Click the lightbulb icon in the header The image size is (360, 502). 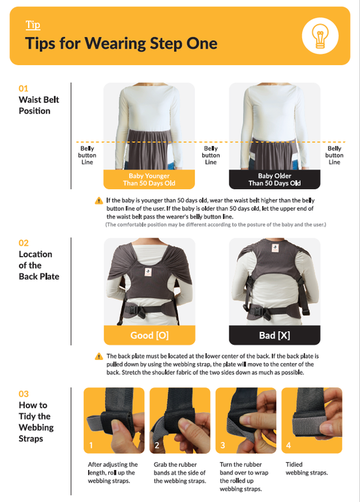click(x=320, y=36)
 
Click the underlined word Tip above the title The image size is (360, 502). click(x=33, y=25)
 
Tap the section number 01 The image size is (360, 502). click(x=23, y=89)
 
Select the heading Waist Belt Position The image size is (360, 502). click(x=38, y=105)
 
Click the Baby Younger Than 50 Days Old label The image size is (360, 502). click(x=149, y=179)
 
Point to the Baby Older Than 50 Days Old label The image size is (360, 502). click(x=275, y=179)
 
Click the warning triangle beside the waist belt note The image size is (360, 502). click(x=99, y=201)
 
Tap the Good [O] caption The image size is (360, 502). click(x=149, y=335)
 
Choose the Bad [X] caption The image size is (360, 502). click(x=275, y=335)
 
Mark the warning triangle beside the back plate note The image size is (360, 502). click(x=99, y=357)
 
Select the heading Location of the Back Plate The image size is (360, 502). click(x=39, y=265)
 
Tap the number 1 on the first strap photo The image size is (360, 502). click(x=91, y=445)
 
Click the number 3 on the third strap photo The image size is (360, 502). click(x=222, y=445)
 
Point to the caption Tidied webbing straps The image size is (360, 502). click(x=307, y=468)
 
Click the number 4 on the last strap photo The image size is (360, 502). click(x=288, y=445)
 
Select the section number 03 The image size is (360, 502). click(x=23, y=394)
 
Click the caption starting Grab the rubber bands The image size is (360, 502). click(x=179, y=473)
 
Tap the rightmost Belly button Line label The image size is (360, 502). click(x=334, y=155)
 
